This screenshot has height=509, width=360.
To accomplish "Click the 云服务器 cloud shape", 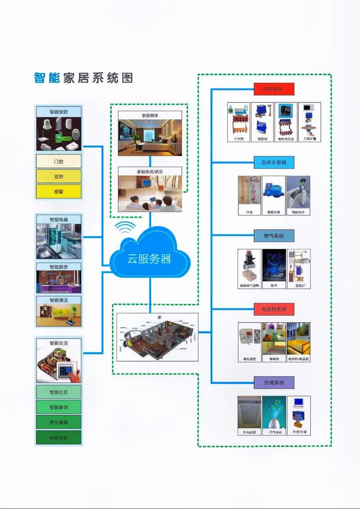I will tap(149, 257).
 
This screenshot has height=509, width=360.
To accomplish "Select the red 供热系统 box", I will tap(273, 89).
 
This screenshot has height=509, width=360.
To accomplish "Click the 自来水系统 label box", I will tap(273, 162).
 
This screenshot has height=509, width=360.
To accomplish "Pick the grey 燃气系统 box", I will tap(273, 236).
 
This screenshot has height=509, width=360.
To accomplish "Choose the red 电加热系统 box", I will tap(273, 309).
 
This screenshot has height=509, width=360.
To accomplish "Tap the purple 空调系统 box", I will tap(273, 383).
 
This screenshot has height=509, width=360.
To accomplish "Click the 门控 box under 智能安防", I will tap(58, 161).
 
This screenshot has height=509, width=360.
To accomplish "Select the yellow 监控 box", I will tap(58, 176).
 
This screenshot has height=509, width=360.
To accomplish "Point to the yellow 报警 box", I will tap(58, 191).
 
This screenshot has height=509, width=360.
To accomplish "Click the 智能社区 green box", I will tap(58, 392).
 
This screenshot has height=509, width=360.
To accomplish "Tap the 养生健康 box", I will tap(58, 422).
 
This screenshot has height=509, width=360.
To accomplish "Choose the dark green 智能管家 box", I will tap(58, 438).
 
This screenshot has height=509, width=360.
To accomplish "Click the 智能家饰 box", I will tap(58, 407).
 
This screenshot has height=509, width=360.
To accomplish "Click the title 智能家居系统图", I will tap(83, 78).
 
